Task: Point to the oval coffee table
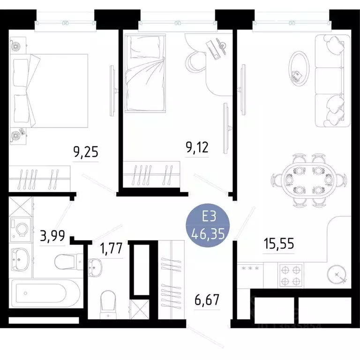point(298,68)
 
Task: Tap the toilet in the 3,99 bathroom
point(68,262)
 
